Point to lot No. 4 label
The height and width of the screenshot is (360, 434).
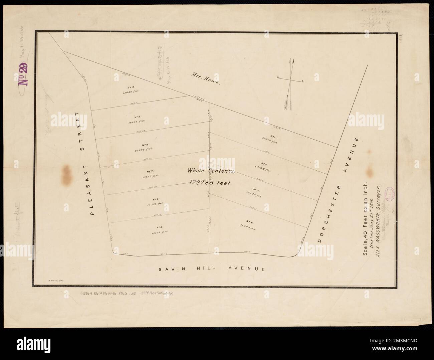(x=249, y=221)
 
